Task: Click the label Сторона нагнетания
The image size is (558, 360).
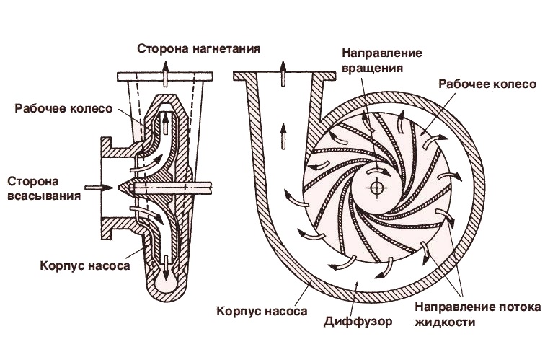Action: [x=199, y=49]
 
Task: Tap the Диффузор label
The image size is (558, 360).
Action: [x=358, y=322]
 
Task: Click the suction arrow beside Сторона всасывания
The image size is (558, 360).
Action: [x=97, y=188]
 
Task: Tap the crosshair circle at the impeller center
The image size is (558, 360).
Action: [x=375, y=188]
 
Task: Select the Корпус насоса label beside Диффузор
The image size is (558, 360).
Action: [x=263, y=312]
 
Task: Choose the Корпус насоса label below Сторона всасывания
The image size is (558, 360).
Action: [x=86, y=265]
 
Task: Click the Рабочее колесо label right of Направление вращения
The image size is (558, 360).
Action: [x=487, y=84]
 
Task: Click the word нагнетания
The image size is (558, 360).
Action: [x=226, y=49]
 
